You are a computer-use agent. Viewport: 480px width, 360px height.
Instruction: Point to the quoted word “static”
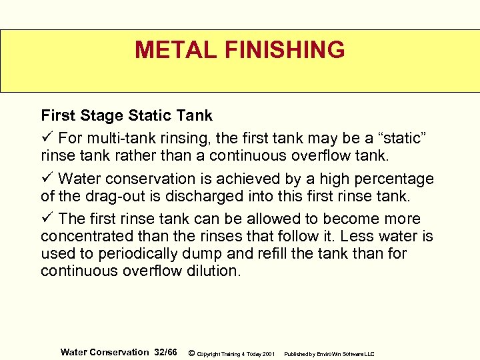[x=407, y=138]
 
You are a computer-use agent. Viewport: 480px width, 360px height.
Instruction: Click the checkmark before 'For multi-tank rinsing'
[x=46, y=138]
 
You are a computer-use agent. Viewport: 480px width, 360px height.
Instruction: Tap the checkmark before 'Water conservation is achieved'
[x=46, y=179]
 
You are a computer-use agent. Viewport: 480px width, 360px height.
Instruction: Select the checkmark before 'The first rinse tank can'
[x=46, y=219]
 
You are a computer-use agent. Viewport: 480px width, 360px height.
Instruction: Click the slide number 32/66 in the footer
[x=166, y=352]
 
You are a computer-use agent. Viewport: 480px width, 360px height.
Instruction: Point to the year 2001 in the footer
[x=269, y=353]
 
